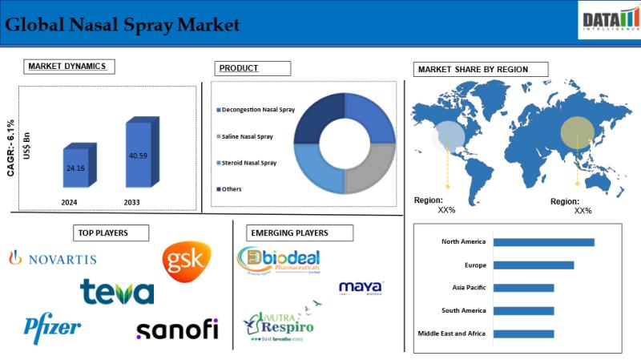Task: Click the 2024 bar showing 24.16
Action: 79,170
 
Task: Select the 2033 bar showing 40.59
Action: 137,156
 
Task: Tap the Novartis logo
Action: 52,258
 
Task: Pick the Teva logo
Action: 117,292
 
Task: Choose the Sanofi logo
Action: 177,330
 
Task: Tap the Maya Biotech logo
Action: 361,288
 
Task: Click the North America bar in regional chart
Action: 543,242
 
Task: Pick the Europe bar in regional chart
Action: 534,265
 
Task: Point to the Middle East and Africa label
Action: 452,334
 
